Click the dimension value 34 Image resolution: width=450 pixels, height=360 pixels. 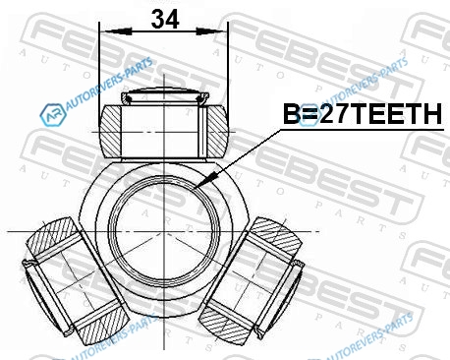coord(165,19)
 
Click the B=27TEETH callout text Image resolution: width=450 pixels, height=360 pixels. coord(363,114)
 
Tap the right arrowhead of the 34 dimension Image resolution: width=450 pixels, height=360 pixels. coord(211,31)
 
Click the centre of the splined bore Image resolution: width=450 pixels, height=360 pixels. coord(163,231)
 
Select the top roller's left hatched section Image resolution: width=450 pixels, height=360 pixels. coord(111,130)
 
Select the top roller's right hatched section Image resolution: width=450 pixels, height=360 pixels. coord(217,130)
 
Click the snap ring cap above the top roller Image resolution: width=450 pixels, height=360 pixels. coord(165,95)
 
